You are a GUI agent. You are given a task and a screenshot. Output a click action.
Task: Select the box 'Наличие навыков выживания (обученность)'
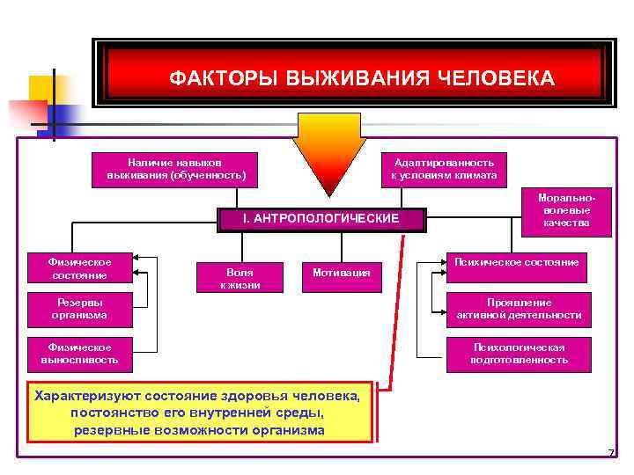(x=175, y=169)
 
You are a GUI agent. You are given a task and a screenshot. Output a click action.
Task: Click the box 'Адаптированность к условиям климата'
(x=445, y=169)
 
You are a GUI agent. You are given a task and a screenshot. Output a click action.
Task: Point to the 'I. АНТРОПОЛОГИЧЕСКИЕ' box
(x=321, y=218)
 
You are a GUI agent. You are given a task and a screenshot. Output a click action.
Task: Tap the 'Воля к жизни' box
(x=240, y=277)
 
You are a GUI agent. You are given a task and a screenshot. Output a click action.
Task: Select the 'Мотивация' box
(x=342, y=274)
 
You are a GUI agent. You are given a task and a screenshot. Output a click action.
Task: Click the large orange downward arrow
(x=328, y=154)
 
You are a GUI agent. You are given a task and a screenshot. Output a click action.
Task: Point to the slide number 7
(x=609, y=453)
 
